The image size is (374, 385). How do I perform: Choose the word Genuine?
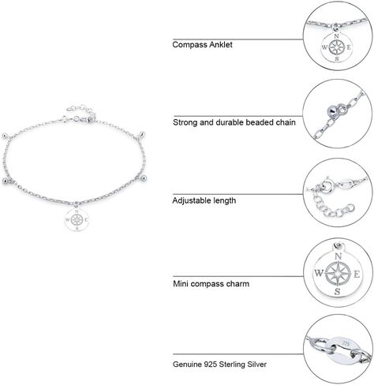187,364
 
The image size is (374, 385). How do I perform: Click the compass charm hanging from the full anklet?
77,219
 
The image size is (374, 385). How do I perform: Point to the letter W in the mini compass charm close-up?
319,273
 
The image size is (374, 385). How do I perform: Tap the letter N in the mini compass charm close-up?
338,256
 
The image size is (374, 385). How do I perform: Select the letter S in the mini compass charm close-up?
337,291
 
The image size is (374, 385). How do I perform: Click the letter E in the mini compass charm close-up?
357,275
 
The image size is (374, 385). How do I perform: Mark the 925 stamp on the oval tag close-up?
346,343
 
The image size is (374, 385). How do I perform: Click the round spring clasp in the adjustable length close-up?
327,185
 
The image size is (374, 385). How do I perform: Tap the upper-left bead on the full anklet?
5,136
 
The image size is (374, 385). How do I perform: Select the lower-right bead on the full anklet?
143,179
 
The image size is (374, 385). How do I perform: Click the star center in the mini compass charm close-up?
338,274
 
